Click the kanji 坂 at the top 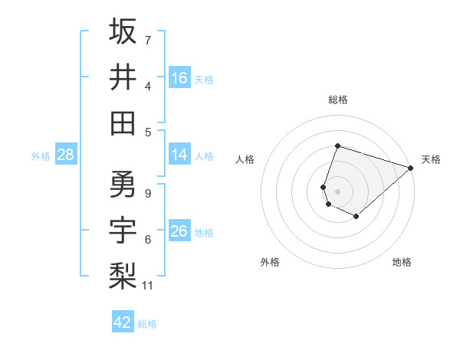pos(123,32)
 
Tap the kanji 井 pos(123,77)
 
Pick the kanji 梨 pos(123,275)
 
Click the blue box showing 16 pos(179,78)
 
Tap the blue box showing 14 pos(179,155)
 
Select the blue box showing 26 pos(179,231)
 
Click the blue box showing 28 pos(66,155)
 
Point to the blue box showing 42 pos(123,322)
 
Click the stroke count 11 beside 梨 pos(148,286)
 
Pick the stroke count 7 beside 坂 pos(148,40)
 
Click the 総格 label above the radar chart pos(337,100)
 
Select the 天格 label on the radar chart pos(431,159)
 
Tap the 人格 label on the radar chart pos(245,159)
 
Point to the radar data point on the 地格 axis pos(356,217)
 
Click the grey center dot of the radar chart pos(337,191)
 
